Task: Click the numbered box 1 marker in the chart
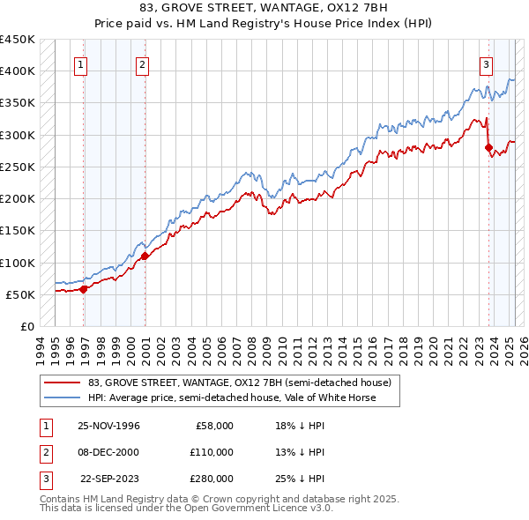[x=80, y=63]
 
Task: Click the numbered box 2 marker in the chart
[x=142, y=63]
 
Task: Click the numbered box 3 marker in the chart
[x=486, y=63]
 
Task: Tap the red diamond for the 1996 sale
[x=84, y=288]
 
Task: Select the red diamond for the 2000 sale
[x=145, y=256]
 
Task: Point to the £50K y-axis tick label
[x=20, y=294]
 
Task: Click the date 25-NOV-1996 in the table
[x=108, y=426]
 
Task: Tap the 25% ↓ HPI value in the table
[x=299, y=479]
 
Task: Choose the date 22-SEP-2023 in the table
[x=110, y=479]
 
